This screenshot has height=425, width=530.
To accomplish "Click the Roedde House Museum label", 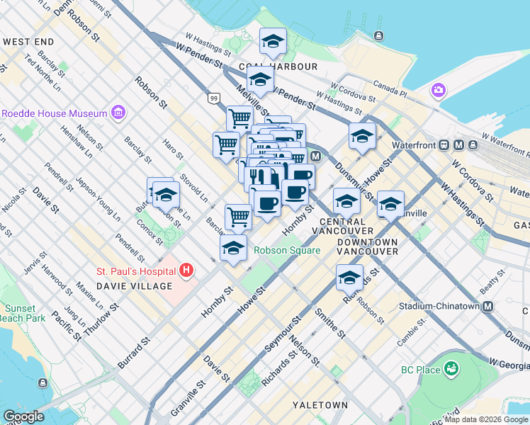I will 54,113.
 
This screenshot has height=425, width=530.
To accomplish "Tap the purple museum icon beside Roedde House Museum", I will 118,113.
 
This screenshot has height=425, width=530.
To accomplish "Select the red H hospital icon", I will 186,270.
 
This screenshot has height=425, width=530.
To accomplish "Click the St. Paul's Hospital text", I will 136,271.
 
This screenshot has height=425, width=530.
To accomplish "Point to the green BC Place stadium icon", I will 451,368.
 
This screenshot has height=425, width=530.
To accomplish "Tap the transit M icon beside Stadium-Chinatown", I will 487,307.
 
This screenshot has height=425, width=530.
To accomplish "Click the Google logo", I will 23,416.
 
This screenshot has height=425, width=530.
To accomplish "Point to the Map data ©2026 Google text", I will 485,419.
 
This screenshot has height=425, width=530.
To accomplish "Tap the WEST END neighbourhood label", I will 28,42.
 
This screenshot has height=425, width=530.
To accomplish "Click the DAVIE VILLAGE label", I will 135,285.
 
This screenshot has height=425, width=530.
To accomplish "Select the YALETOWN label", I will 320,404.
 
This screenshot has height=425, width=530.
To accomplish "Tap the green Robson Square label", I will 287,250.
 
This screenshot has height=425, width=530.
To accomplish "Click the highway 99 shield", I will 214,99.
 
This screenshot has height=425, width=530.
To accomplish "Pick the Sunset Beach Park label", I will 25,313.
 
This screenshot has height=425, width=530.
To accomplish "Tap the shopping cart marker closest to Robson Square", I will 239,217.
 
